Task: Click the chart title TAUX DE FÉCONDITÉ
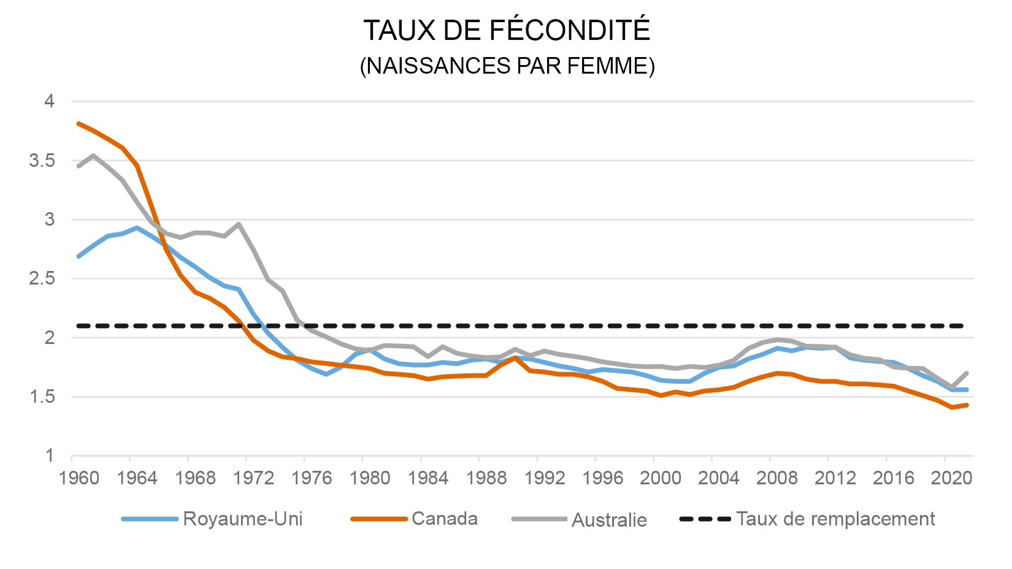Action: pyautogui.click(x=506, y=31)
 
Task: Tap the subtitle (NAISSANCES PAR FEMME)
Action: pyautogui.click(x=507, y=66)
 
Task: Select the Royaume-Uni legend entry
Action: pyautogui.click(x=242, y=519)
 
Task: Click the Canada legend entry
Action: pyautogui.click(x=444, y=519)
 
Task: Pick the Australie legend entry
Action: pyautogui.click(x=608, y=520)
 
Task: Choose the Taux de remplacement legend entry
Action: pyautogui.click(x=835, y=519)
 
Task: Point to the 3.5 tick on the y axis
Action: pyautogui.click(x=42, y=161)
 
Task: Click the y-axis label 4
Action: pyautogui.click(x=50, y=101)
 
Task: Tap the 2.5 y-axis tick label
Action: pyautogui.click(x=42, y=278)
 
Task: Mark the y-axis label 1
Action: pyautogui.click(x=50, y=456)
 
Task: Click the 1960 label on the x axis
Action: pyautogui.click(x=79, y=478)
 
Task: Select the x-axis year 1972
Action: pyautogui.click(x=253, y=478)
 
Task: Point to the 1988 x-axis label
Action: pyautogui.click(x=486, y=478)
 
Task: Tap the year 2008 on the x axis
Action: pyautogui.click(x=777, y=478)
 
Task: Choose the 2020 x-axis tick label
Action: pyautogui.click(x=951, y=478)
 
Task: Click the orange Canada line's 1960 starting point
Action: pyautogui.click(x=79, y=124)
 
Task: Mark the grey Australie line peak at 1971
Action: pyautogui.click(x=239, y=224)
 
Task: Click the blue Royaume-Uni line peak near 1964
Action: pyautogui.click(x=137, y=227)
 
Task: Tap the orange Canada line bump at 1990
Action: pyautogui.click(x=515, y=357)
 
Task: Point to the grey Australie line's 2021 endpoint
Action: pyautogui.click(x=967, y=373)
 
